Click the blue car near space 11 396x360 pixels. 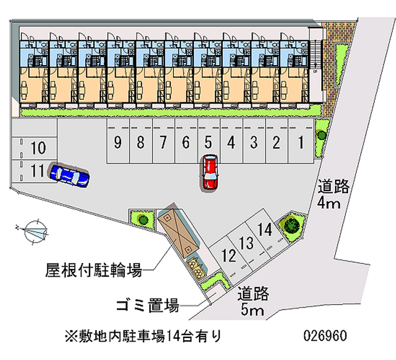pos(69,175)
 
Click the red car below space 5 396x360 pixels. pos(210,172)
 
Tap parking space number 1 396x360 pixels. pos(300,143)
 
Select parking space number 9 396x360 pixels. pos(117,143)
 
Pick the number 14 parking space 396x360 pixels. pos(265,230)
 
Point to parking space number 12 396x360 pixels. pos(229,256)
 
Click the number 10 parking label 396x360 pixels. pos(38,147)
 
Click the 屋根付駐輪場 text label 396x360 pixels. pos(94,270)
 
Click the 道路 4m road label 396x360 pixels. pos(334,195)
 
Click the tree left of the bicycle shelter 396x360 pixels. pos(143,218)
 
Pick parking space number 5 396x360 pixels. pos(208,143)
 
